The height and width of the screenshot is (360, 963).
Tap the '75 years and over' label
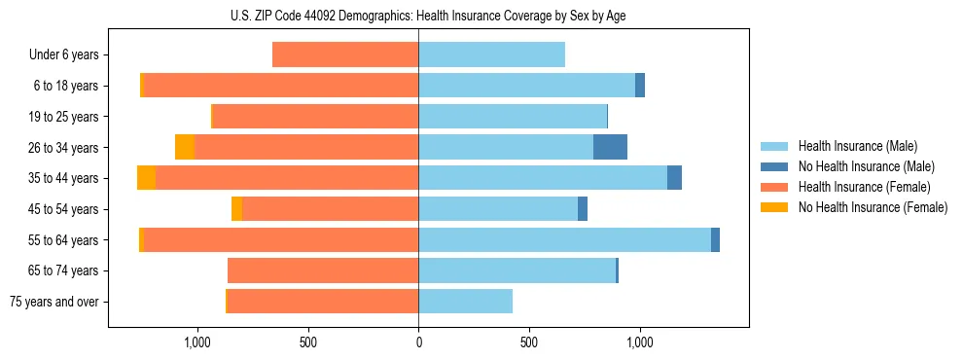[x=54, y=302]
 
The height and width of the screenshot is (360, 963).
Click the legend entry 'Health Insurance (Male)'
[x=856, y=146]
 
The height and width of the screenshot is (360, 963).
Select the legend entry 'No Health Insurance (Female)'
[x=873, y=207]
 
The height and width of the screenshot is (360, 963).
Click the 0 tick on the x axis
[x=418, y=342]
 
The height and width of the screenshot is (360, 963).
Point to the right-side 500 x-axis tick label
[x=529, y=342]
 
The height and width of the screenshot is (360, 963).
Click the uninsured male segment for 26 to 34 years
[x=610, y=147]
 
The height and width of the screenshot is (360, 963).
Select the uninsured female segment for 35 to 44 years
[x=146, y=178]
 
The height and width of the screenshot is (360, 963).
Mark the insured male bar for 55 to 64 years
[x=564, y=239]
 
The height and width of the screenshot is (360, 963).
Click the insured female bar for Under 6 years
[x=345, y=55]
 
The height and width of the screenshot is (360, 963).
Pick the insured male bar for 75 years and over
[x=465, y=302]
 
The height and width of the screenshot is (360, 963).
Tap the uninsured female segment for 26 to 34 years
[x=184, y=147]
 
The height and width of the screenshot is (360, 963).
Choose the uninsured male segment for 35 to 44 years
[x=674, y=178]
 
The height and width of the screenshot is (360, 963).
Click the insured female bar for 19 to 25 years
[x=316, y=117]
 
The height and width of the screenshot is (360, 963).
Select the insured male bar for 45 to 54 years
[x=498, y=209]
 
